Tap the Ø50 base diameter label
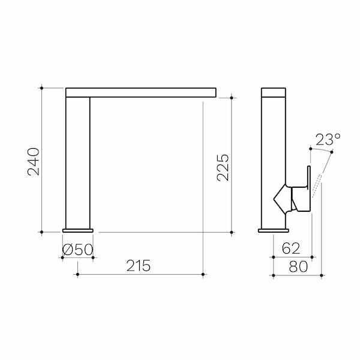[x=77, y=248]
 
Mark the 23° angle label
[x=328, y=140]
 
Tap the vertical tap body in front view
[x=78, y=162]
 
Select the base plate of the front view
[x=78, y=230]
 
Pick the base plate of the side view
[x=274, y=230]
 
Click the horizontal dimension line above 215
[x=142, y=275]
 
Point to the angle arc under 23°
[x=319, y=148]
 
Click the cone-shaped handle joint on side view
[x=282, y=197]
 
